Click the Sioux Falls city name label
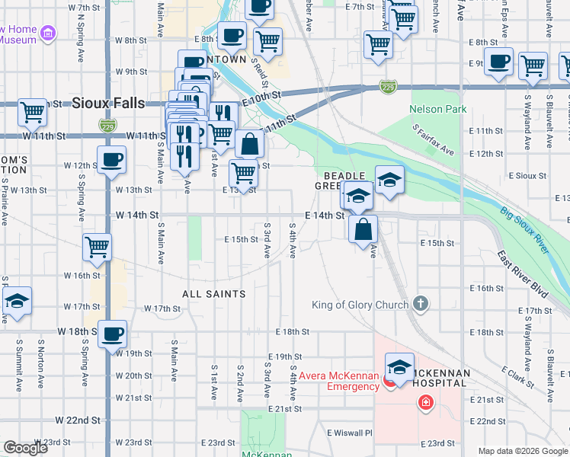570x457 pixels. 106,104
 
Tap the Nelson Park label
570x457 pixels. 437,109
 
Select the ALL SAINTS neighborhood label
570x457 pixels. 213,293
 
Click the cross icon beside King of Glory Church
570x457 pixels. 420,305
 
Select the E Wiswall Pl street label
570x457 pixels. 349,433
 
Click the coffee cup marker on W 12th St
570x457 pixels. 111,160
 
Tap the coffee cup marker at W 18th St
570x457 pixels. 112,334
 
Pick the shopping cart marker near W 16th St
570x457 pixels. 98,246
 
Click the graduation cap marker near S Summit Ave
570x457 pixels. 17,300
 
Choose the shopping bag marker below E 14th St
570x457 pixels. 363,228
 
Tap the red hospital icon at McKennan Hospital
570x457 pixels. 424,402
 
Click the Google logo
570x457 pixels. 25,448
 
